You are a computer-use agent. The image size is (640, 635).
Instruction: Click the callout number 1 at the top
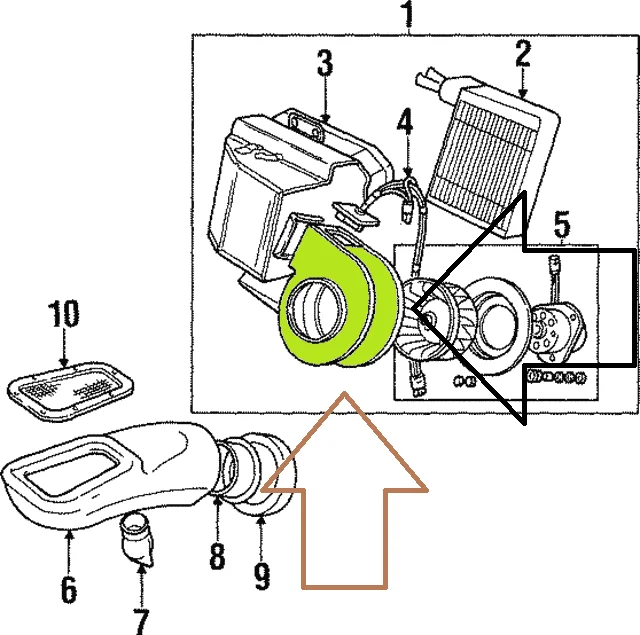tap(406, 15)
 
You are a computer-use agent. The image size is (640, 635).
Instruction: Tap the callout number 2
tap(522, 53)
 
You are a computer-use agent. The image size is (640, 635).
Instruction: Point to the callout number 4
tap(404, 124)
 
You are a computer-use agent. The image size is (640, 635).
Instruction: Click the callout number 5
tap(562, 223)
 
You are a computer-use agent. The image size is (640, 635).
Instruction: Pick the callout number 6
tap(67, 588)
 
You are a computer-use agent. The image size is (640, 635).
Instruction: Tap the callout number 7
tap(141, 617)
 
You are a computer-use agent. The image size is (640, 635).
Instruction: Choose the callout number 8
tap(217, 555)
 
